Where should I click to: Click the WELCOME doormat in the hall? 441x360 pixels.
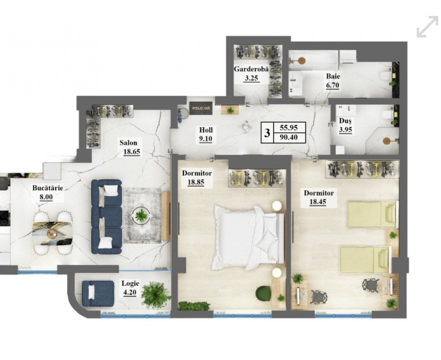pos(201,107)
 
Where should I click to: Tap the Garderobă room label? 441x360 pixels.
pos(251,69)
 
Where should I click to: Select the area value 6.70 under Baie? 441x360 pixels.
pos(332,85)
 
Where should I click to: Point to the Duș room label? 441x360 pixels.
pos(345,120)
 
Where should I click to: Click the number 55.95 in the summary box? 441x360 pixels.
pos(288,127)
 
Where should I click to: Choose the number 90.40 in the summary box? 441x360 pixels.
pos(288,138)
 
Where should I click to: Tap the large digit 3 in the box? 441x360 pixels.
pos(267,132)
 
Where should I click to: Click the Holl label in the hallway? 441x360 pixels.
pos(206,130)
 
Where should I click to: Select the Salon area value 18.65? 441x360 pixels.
pos(131,152)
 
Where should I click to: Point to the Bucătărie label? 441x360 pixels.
pos(47,188)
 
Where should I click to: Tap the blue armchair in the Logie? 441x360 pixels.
pos(98,293)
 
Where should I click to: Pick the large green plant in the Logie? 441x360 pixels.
pos(155,295)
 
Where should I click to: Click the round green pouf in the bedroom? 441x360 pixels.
pos(263,293)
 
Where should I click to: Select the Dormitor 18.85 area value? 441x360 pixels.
pos(196,182)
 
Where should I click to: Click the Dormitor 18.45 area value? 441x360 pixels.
pos(318,201)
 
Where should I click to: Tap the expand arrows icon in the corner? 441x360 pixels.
pos(427,26)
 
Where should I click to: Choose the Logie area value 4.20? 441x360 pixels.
pos(129,292)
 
